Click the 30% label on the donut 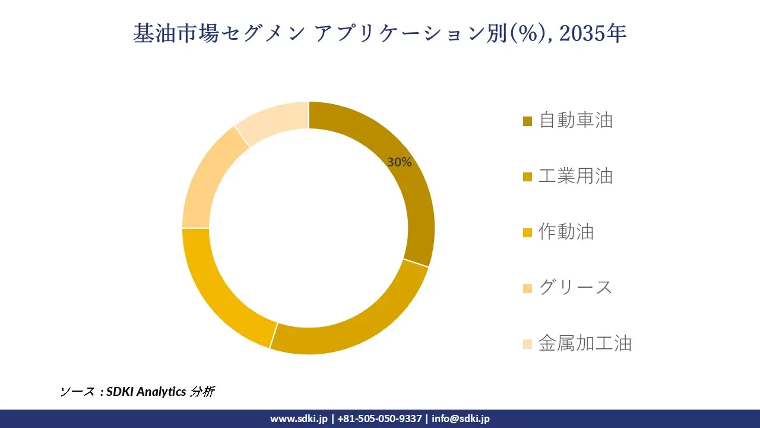(399, 162)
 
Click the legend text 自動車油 (575, 121)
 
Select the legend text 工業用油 (575, 176)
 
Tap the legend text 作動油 (566, 232)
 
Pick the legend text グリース (575, 288)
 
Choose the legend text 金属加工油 (584, 344)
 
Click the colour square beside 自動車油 (527, 122)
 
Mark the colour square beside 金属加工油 (527, 344)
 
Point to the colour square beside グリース (527, 288)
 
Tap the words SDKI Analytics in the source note (146, 392)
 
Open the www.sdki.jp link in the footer (299, 418)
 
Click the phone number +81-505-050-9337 (379, 418)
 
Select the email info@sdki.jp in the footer (461, 418)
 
